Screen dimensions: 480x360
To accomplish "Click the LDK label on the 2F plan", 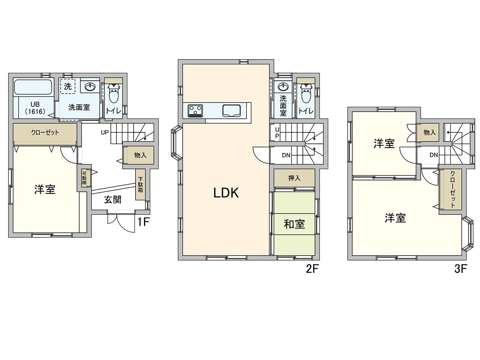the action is point(226,193).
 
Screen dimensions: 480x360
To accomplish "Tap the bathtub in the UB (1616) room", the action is point(33,87).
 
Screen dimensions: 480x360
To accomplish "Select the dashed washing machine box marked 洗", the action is point(68,86).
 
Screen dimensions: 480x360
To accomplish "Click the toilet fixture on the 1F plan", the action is point(113,94).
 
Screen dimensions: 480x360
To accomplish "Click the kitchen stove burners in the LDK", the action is point(195,111).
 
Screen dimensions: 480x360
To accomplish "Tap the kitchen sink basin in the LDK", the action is point(232,111).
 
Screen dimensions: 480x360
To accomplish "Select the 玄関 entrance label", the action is point(112,200).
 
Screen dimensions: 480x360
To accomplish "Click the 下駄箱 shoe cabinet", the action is point(140,184).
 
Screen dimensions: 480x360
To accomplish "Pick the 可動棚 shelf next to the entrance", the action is point(84,178).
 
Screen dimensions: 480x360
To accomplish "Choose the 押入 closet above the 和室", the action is point(294,178).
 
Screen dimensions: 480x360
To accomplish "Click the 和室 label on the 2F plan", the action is point(294,224).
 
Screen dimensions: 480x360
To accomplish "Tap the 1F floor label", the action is point(143,222).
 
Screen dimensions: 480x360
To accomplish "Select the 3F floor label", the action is point(461,269).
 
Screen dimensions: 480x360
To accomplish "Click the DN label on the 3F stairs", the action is point(434,155).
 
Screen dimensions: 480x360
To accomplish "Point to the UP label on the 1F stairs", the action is point(105,132).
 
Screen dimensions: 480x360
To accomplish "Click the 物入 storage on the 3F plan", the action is point(430,132).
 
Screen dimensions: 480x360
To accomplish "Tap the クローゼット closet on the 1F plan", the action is point(45,133).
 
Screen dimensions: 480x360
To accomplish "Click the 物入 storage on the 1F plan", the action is point(140,155).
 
